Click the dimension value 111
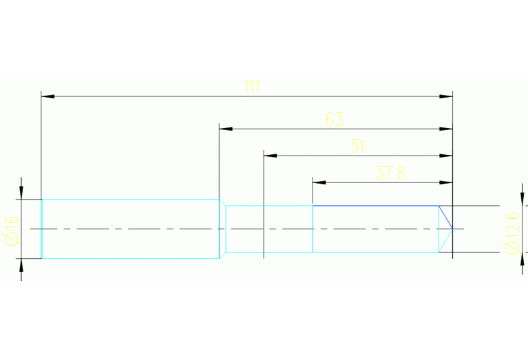coord(251,87)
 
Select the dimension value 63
coord(334,119)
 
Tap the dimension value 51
coord(357,146)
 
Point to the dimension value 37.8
coord(390,173)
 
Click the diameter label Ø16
coord(12,229)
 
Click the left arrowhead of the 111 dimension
coord(47,96)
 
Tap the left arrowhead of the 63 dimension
coord(224,129)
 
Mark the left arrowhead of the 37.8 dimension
coord(318,182)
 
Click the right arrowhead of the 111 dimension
coord(447,96)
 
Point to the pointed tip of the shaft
coord(452,229)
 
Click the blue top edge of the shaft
coord(376,206)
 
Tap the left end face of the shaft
coord(42,229)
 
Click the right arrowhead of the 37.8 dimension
coord(447,182)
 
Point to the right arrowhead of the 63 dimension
coord(447,129)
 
